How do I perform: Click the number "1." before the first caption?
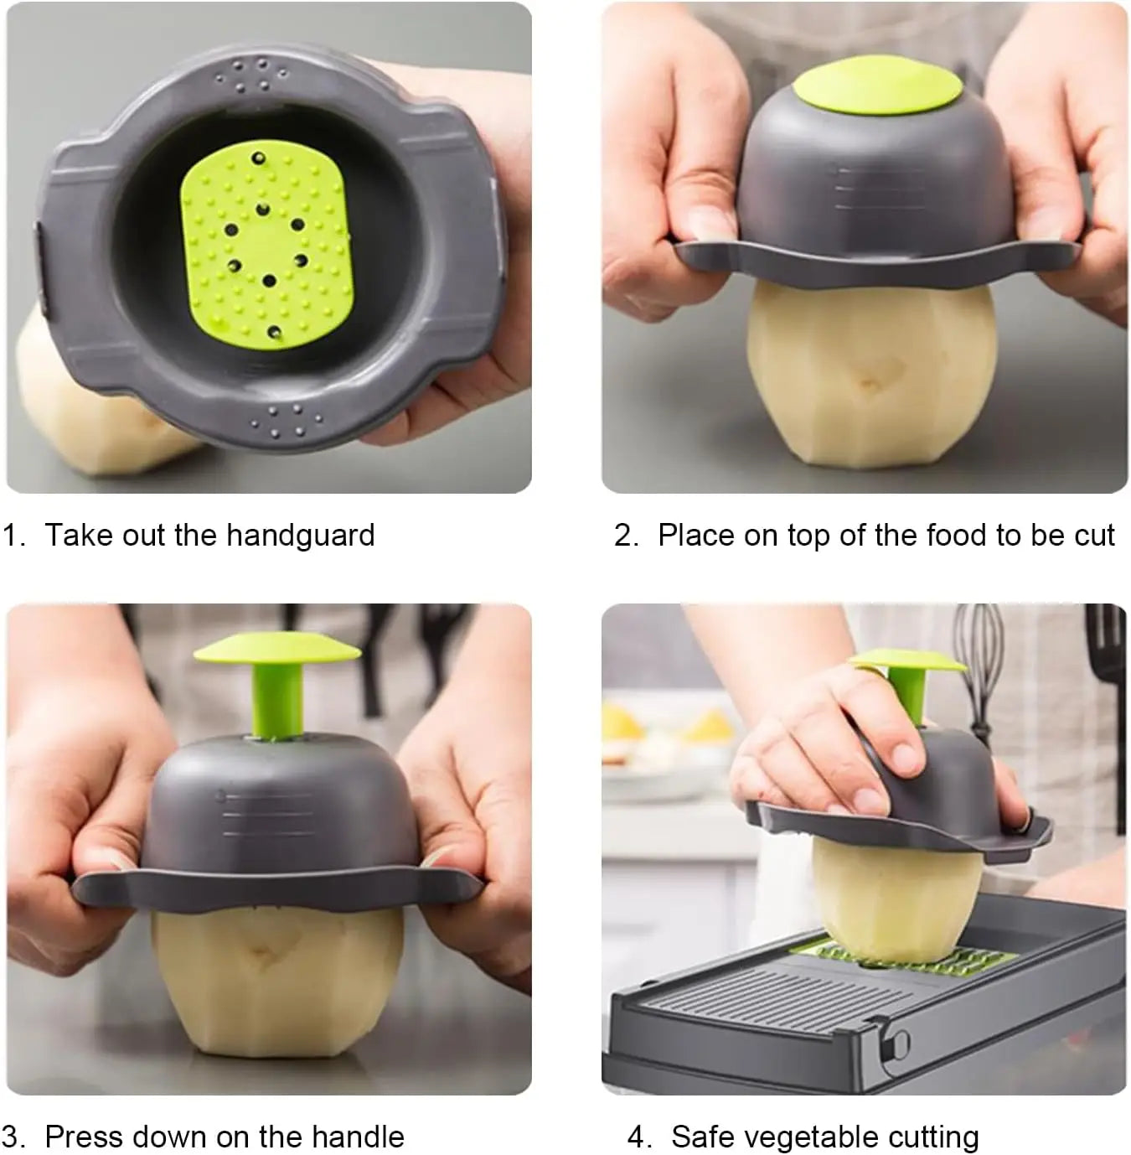tap(14, 535)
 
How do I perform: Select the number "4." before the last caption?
tap(640, 1137)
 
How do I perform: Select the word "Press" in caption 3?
tap(84, 1137)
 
